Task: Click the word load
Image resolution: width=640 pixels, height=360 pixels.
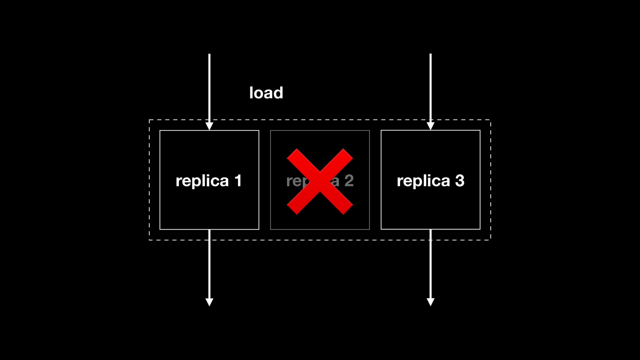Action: pos(266,93)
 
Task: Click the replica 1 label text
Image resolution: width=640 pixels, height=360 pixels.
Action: pos(209,181)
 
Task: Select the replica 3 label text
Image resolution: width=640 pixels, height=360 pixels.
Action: pos(430,181)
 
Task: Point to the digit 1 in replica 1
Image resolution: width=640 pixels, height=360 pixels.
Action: pos(238,181)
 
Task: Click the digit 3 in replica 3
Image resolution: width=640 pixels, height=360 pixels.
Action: pos(460,181)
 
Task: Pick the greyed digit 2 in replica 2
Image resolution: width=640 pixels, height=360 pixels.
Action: pos(349,181)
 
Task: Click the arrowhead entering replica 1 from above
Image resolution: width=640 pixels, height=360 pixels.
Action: pos(209,126)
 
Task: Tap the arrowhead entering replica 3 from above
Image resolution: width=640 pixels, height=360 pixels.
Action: pos(430,126)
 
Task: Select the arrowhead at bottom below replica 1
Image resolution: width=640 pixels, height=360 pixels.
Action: pos(209,302)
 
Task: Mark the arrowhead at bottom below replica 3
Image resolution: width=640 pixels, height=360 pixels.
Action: pos(430,302)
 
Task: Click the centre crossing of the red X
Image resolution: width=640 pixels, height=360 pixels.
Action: pos(320,182)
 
